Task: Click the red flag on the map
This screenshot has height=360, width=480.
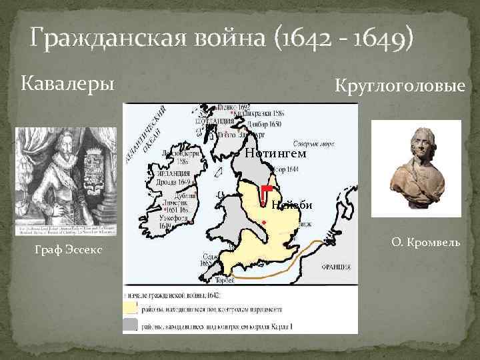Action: pyautogui.click(x=265, y=191)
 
